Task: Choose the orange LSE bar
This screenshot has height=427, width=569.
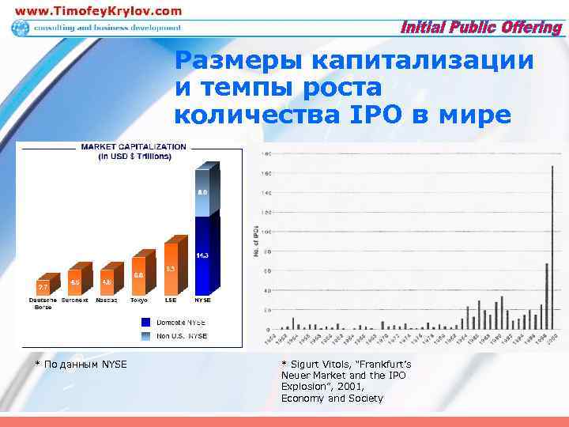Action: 171,267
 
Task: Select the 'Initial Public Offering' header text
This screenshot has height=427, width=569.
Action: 482,28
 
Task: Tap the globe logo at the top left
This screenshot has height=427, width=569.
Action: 20,28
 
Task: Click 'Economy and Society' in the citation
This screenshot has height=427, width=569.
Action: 332,398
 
